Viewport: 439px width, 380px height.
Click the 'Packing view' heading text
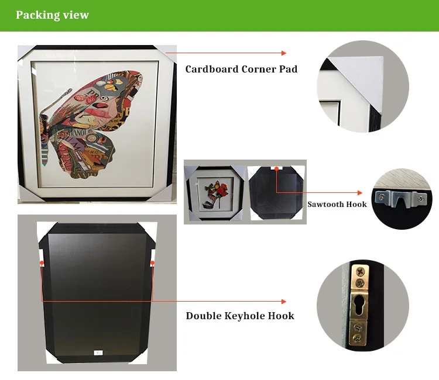(53, 15)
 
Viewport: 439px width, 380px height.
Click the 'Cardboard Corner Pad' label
(241, 69)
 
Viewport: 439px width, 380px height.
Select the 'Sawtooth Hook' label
(337, 204)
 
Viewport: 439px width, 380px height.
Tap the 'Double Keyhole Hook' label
(240, 316)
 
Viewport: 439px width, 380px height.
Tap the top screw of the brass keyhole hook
(359, 272)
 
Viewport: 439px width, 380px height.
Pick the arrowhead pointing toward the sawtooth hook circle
(360, 192)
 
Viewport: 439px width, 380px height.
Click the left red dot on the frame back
(42, 264)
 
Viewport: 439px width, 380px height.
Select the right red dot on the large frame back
(152, 264)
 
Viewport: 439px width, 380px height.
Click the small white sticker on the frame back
(98, 352)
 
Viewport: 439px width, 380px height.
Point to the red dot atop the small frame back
(276, 169)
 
